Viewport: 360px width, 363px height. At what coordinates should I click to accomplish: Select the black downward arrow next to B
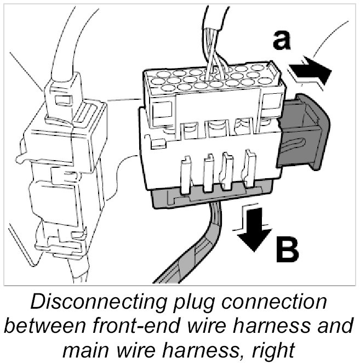pos(254,231)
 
